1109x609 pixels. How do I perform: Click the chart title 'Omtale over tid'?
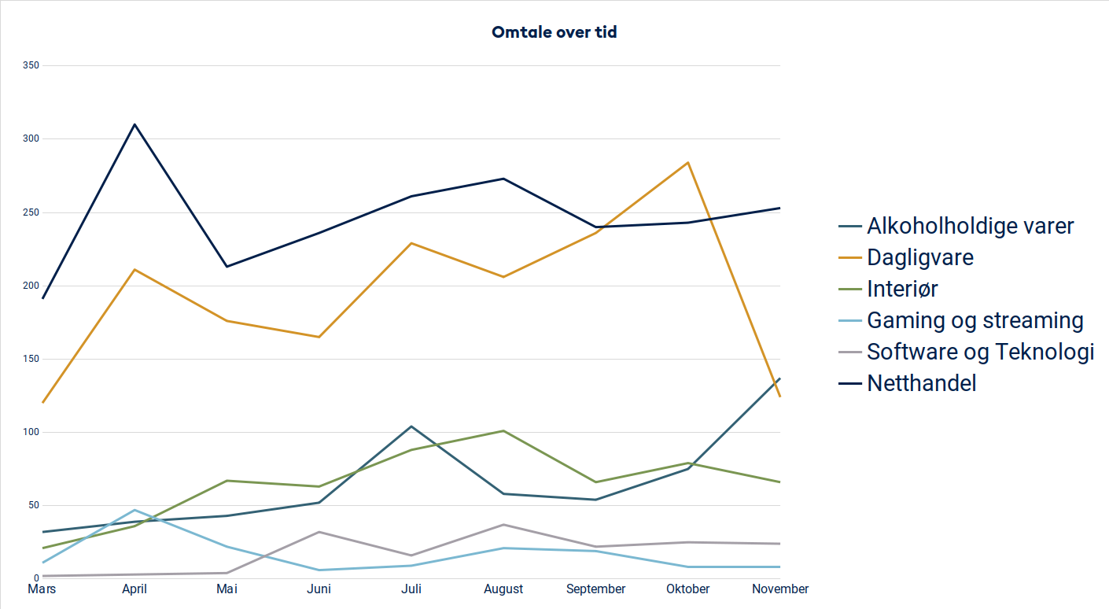pyautogui.click(x=554, y=32)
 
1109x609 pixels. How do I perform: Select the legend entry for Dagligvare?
pyautogui.click(x=920, y=257)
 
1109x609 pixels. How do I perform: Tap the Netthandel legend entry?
pyautogui.click(x=921, y=383)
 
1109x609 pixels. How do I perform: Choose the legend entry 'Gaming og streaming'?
pyautogui.click(x=975, y=320)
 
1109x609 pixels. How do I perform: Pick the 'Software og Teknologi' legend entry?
pyautogui.click(x=980, y=352)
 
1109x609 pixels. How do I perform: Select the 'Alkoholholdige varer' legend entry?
pyautogui.click(x=970, y=227)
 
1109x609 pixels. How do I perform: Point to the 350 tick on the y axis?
pyautogui.click(x=31, y=65)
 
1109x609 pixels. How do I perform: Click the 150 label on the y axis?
pyautogui.click(x=31, y=359)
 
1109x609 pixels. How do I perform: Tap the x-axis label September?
pyautogui.click(x=596, y=589)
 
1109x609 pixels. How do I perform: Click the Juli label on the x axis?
pyautogui.click(x=411, y=589)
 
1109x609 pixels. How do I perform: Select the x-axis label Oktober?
pyautogui.click(x=688, y=589)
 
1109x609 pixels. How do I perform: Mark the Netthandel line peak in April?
pyautogui.click(x=134, y=124)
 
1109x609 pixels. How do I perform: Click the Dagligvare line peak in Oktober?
pyautogui.click(x=688, y=163)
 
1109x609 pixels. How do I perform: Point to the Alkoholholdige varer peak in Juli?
pyautogui.click(x=411, y=426)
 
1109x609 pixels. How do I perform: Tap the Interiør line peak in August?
pyautogui.click(x=503, y=431)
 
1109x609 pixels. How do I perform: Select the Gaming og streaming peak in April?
pyautogui.click(x=134, y=510)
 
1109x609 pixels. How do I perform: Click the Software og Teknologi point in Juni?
pyautogui.click(x=319, y=532)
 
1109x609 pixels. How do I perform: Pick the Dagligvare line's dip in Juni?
pyautogui.click(x=319, y=337)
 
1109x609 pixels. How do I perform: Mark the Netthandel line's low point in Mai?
pyautogui.click(x=227, y=267)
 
